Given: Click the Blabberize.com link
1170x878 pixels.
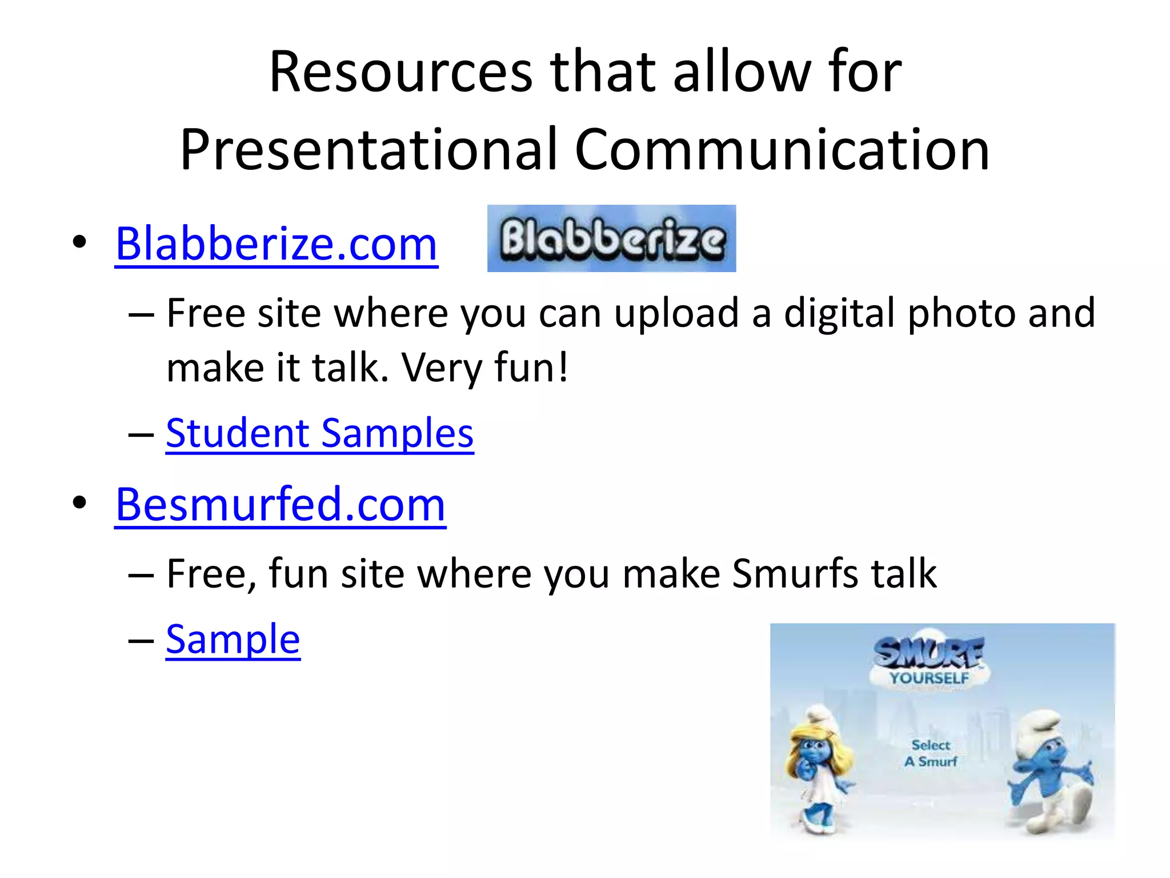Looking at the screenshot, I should (x=277, y=244).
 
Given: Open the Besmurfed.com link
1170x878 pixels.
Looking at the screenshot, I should (x=280, y=505).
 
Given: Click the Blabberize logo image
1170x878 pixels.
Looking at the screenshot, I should (x=611, y=238).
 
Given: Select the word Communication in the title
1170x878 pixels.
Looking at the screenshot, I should (x=782, y=149).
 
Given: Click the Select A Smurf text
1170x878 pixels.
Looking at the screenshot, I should (x=931, y=753).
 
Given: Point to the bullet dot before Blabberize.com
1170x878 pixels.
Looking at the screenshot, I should (x=79, y=242).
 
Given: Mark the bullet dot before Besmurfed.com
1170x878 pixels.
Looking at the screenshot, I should (x=79, y=503).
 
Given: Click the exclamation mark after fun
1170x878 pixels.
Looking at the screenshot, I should (x=563, y=367).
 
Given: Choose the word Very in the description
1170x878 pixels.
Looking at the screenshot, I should (x=442, y=368).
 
